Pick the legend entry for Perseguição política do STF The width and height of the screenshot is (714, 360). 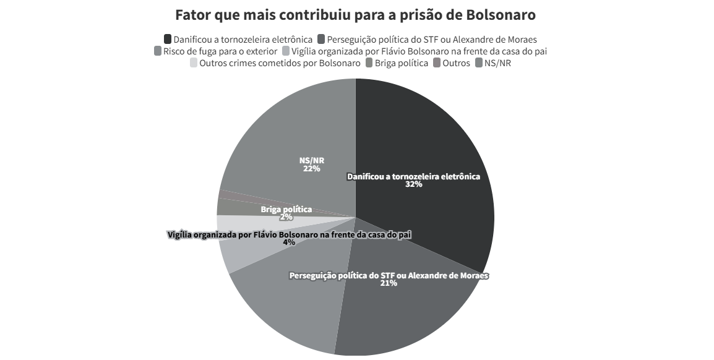[432, 40]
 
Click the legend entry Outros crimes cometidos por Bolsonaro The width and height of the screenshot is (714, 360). [280, 63]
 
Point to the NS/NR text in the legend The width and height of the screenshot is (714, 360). [498, 63]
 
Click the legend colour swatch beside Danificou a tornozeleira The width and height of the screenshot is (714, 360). [168, 40]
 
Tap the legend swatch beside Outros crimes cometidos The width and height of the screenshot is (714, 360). [194, 63]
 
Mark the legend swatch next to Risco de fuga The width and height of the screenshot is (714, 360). [158, 51]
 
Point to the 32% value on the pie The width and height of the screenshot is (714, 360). [413, 185]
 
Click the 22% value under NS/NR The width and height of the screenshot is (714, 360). [311, 168]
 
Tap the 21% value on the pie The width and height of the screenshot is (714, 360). [389, 284]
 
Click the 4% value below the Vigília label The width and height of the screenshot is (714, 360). [289, 243]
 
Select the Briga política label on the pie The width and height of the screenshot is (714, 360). [286, 210]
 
